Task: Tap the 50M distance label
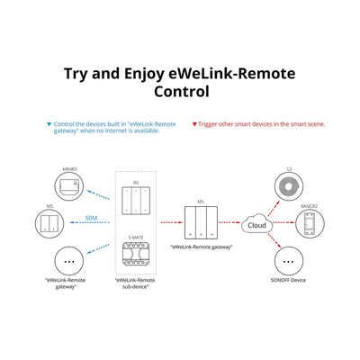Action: pos(92,218)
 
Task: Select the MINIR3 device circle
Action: pos(68,184)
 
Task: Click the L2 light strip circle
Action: pos(290,188)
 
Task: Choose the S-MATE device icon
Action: pos(137,257)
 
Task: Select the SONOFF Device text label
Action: pos(289,280)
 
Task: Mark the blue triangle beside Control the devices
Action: pos(49,123)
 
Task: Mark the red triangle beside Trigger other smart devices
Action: pos(194,123)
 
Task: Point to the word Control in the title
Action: pos(180,92)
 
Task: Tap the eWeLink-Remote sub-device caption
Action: pos(137,283)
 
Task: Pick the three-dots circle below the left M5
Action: pos(68,262)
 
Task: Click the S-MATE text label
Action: pos(137,237)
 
